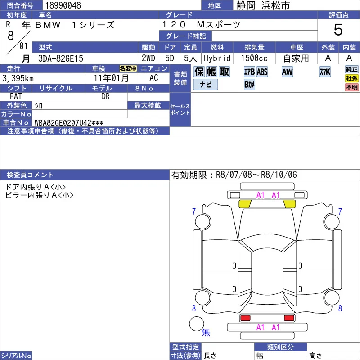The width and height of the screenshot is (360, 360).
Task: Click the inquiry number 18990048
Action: [63, 5]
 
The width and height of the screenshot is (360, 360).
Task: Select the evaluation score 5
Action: [338, 30]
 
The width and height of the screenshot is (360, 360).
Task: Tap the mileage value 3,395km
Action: [18, 78]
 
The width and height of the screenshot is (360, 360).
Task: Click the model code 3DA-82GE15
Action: [61, 58]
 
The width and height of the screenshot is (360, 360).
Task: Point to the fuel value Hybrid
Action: [217, 58]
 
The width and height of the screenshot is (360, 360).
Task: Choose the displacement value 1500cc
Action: [254, 58]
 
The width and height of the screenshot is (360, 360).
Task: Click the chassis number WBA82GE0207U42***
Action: [69, 122]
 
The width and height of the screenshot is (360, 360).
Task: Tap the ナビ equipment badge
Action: [206, 84]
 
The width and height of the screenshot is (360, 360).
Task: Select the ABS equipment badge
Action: [262, 72]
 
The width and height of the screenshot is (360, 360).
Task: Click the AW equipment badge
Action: [287, 72]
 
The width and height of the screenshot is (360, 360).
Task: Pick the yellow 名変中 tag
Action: [128, 68]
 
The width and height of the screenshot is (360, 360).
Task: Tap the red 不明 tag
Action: [352, 87]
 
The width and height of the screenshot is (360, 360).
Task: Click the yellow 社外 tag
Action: [352, 78]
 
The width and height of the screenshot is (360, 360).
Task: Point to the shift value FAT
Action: [16, 96]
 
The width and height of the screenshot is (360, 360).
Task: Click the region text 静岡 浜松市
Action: [263, 5]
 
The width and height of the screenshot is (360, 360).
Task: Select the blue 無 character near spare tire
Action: [206, 332]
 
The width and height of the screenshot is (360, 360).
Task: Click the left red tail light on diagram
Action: [245, 318]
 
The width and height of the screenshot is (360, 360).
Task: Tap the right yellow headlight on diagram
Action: [290, 204]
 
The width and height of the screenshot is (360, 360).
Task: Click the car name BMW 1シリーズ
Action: [75, 25]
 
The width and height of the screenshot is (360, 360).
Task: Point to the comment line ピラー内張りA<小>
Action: [39, 195]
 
